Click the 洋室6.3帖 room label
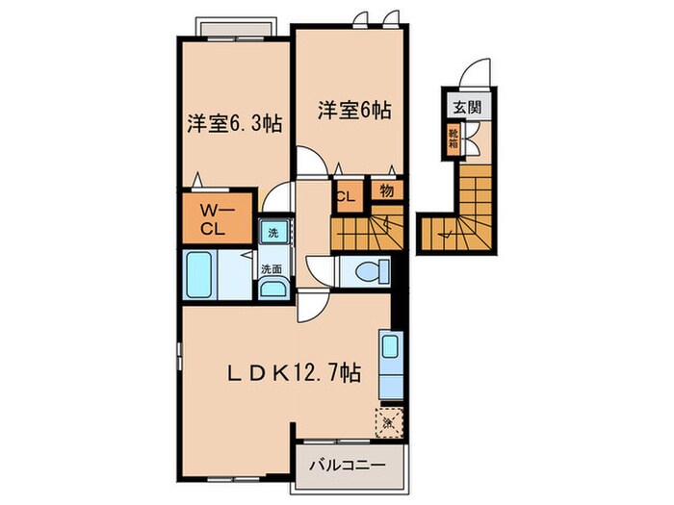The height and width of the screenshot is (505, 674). (x=234, y=124)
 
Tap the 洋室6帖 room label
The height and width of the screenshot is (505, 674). (x=354, y=109)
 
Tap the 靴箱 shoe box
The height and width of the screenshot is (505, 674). (x=453, y=140)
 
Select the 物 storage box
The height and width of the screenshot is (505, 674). (x=386, y=190)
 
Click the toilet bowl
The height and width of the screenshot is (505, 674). (x=369, y=270)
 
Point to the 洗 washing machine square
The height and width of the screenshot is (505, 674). (x=273, y=233)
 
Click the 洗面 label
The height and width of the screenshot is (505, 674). (x=272, y=270)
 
